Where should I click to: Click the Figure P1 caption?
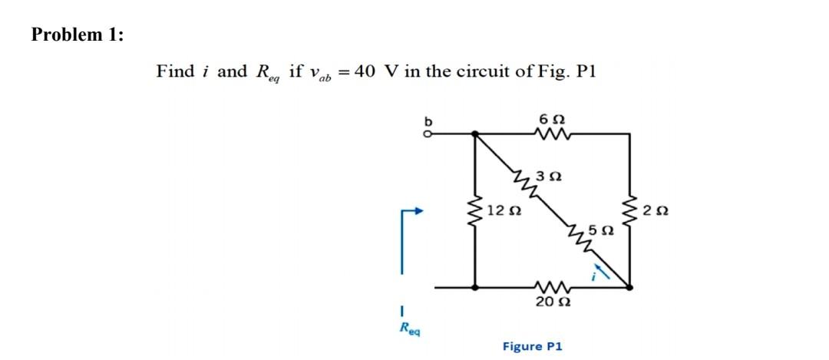532,346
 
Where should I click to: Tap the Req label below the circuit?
406,329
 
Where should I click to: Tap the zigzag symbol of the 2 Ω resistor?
632,210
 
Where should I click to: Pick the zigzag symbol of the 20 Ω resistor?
553,287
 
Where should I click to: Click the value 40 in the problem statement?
365,71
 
